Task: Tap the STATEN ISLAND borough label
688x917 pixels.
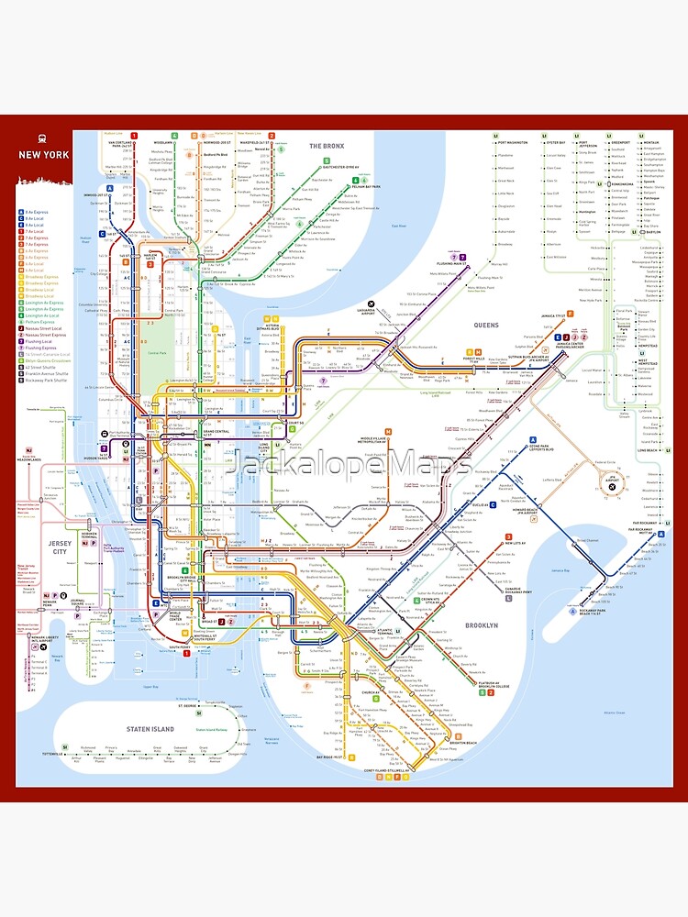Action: (x=150, y=729)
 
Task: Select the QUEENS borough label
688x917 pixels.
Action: (x=486, y=325)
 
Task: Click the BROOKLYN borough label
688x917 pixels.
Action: (x=481, y=625)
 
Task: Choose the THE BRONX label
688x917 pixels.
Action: (x=326, y=147)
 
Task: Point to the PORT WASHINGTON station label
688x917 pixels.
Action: (x=516, y=143)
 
